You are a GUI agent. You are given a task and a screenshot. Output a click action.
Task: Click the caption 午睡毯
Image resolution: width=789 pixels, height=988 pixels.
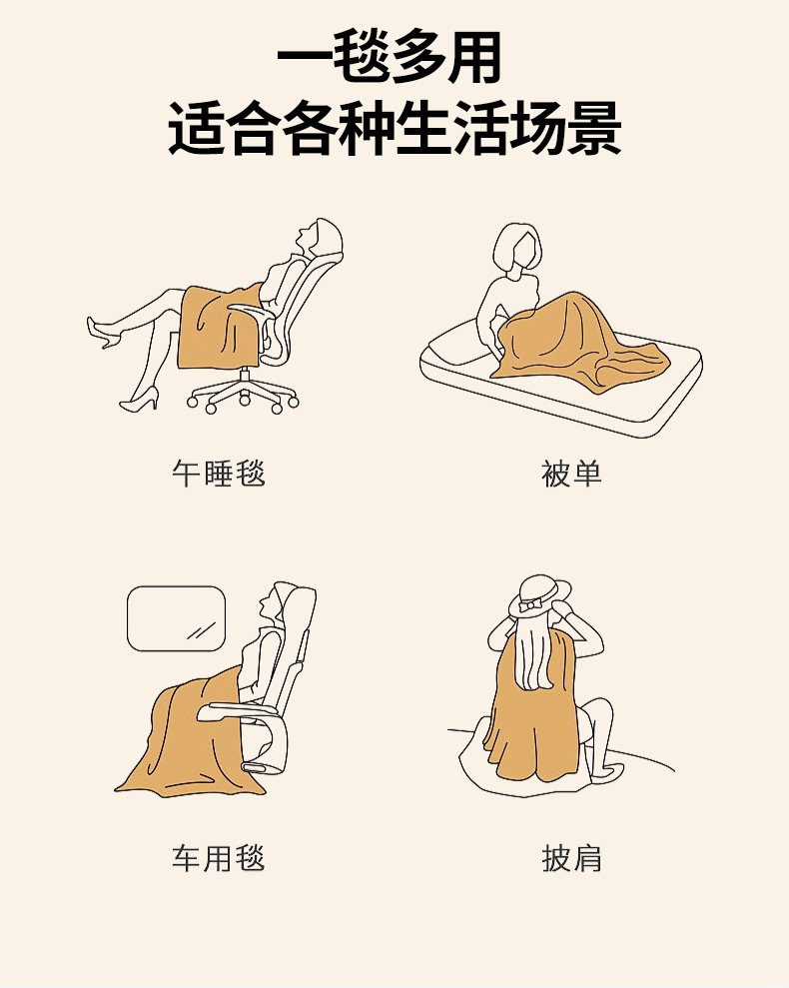click(x=219, y=474)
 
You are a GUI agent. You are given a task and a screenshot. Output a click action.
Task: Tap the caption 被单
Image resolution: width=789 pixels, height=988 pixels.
click(x=571, y=474)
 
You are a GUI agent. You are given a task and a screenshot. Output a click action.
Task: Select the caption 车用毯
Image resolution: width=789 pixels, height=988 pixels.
click(x=219, y=858)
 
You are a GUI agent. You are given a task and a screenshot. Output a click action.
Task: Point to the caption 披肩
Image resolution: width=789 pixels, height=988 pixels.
click(x=571, y=858)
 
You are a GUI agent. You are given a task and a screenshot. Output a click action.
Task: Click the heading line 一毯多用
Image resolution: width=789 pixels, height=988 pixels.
click(x=391, y=57)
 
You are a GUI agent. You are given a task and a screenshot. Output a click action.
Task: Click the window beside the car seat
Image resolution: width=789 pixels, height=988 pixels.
click(x=177, y=618)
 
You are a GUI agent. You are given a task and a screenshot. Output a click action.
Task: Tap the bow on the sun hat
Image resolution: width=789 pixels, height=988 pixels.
click(x=530, y=606)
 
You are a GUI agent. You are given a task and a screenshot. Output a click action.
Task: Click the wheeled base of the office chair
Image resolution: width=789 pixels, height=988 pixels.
click(x=243, y=395)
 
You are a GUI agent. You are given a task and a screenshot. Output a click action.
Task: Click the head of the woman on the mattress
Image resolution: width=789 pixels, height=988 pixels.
click(x=516, y=248)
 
